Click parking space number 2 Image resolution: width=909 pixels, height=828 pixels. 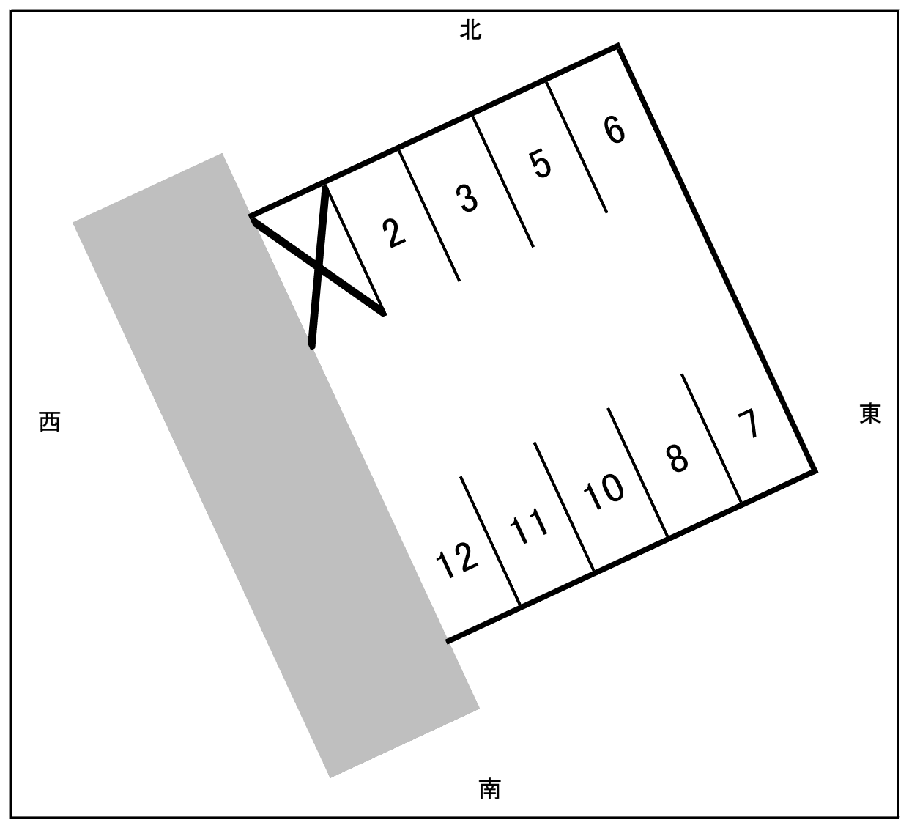pyautogui.click(x=393, y=233)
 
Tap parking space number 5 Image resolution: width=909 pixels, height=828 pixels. pyautogui.click(x=541, y=164)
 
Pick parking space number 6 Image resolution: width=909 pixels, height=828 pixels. pyautogui.click(x=615, y=130)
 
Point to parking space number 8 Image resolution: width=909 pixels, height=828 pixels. pyautogui.click(x=678, y=458)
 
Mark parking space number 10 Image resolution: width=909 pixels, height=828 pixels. pyautogui.click(x=604, y=492)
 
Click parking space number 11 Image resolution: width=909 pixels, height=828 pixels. pyautogui.click(x=528, y=526)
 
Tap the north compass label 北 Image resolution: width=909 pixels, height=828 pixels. pyautogui.click(x=470, y=30)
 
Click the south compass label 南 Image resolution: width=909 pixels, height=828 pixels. pyautogui.click(x=490, y=788)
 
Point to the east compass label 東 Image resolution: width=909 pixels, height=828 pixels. pyautogui.click(x=870, y=413)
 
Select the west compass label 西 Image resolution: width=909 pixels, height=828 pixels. pyautogui.click(x=50, y=422)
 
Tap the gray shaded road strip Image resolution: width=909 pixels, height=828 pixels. pyautogui.click(x=276, y=466)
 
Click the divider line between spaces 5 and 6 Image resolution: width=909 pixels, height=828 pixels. pyautogui.click(x=576, y=147)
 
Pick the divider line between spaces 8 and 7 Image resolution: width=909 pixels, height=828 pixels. pyautogui.click(x=711, y=438)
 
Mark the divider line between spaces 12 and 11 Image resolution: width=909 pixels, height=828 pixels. pyautogui.click(x=490, y=541)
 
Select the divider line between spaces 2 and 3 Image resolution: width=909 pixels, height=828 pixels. pyautogui.click(x=429, y=215)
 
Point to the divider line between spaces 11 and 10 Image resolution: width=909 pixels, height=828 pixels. pyautogui.click(x=564, y=506)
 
